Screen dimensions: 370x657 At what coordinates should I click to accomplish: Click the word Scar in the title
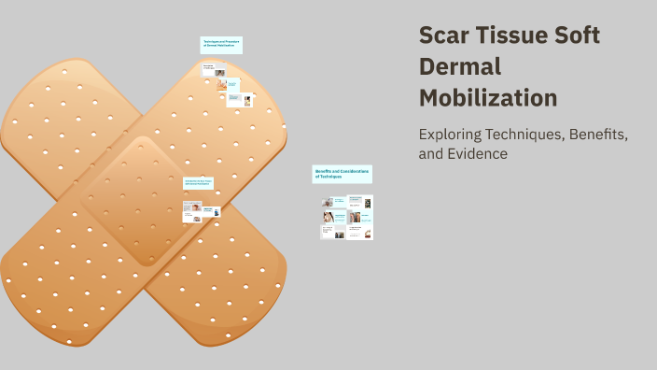pyautogui.click(x=443, y=36)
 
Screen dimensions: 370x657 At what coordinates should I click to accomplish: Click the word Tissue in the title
pyautogui.click(x=516, y=36)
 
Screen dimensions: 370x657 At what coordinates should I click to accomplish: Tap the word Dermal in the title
pyautogui.click(x=460, y=67)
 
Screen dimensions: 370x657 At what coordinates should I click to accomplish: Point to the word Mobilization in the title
pyautogui.click(x=488, y=98)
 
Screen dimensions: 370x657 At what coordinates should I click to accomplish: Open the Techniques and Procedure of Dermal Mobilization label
pyautogui.click(x=221, y=45)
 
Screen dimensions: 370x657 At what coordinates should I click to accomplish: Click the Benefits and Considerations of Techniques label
pyautogui.click(x=342, y=174)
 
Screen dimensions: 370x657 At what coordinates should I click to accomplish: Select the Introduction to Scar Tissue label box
pyautogui.click(x=198, y=183)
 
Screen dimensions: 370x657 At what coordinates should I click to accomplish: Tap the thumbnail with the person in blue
pyautogui.click(x=214, y=213)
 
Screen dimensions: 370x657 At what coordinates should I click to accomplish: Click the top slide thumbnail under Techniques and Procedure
pyautogui.click(x=214, y=70)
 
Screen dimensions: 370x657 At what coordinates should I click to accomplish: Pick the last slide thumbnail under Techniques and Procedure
pyautogui.click(x=241, y=99)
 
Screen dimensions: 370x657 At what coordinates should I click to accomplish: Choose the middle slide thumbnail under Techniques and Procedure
pyautogui.click(x=228, y=84)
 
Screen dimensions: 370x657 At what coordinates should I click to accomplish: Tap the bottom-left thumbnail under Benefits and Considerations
pyautogui.click(x=333, y=232)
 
